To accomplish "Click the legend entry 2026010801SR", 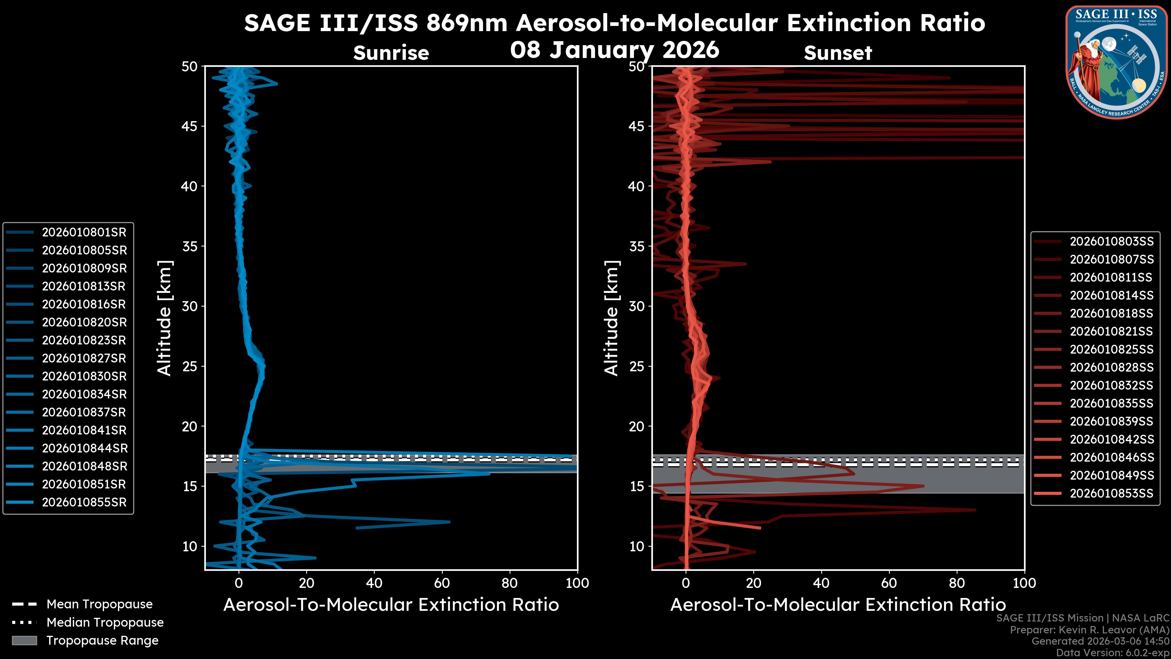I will point(84,232).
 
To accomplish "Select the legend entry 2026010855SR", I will point(84,502).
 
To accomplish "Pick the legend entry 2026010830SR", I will point(84,376).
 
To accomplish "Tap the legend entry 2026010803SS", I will point(1112,242).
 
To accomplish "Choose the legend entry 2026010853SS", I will point(1112,493).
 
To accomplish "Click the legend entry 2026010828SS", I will point(1112,367).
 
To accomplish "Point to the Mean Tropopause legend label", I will point(99,604).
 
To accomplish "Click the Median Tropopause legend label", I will point(105,623).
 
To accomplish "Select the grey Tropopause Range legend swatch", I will point(24,641).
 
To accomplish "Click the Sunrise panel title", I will point(391,53).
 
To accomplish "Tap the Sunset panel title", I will point(838,53).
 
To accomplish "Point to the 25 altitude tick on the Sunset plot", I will point(637,366).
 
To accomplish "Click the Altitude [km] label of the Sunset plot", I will point(611,318).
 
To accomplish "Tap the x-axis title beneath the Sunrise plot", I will point(391,605).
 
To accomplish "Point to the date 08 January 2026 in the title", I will point(614,50).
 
